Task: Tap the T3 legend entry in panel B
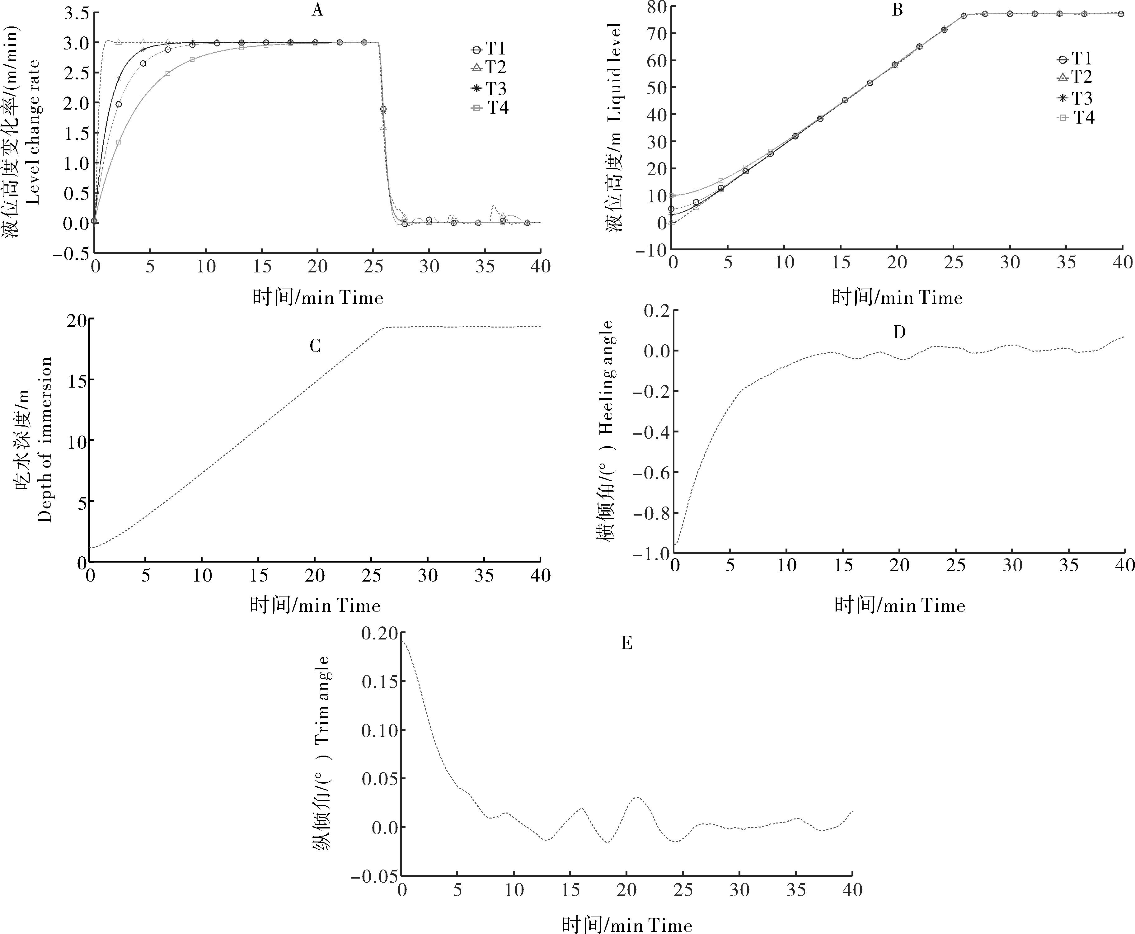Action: [x=1075, y=98]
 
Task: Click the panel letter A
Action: [x=317, y=10]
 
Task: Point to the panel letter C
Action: [x=315, y=346]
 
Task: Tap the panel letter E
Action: [x=626, y=644]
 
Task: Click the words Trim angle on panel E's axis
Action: [x=323, y=700]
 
